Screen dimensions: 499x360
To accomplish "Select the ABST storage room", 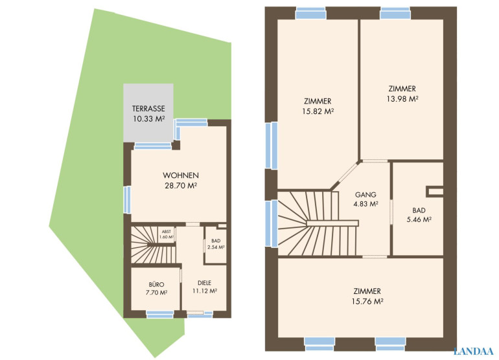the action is coord(167,234).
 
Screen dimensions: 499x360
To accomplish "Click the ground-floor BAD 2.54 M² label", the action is coord(216,244).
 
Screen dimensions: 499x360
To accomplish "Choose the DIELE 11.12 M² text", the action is coord(205,287).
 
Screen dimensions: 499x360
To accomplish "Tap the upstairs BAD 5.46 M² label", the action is coord(419,215).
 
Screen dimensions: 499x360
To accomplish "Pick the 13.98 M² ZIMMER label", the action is coord(402,93).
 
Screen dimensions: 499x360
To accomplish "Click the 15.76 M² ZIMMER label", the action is coord(367,296).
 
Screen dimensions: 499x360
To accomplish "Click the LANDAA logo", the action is coord(474,351).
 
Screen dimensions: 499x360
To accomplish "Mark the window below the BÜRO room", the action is coord(160,314).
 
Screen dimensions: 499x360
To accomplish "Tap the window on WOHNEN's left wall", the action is coord(127,199).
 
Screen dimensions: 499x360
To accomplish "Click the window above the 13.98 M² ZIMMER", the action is coord(395,14).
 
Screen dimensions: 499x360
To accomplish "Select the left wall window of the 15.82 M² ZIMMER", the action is coord(271,146).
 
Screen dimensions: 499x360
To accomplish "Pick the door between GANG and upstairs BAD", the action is coord(391,212).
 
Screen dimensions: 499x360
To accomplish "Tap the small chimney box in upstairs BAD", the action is coord(435,192).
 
